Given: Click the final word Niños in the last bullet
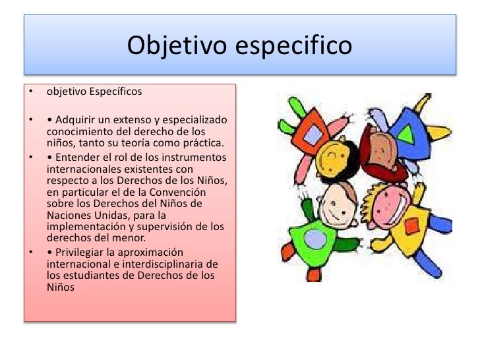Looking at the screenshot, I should (61, 287).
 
